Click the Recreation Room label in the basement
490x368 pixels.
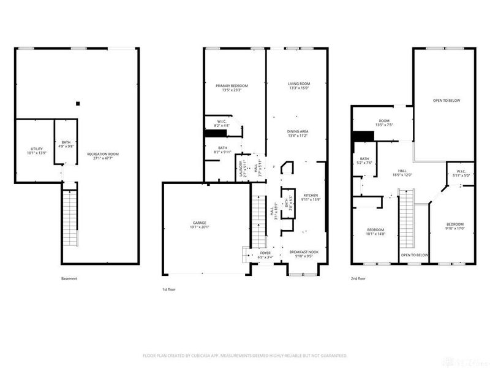point(101,156)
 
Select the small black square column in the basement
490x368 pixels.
point(77,104)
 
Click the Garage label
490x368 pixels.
point(200,224)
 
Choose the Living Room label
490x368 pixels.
point(299,86)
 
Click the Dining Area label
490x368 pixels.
point(298,133)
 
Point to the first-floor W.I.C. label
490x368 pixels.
point(222,123)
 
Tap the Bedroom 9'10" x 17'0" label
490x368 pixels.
point(454,226)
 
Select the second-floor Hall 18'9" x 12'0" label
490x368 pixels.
point(402,173)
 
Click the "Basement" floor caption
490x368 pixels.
point(69,278)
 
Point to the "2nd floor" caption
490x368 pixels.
point(357,278)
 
